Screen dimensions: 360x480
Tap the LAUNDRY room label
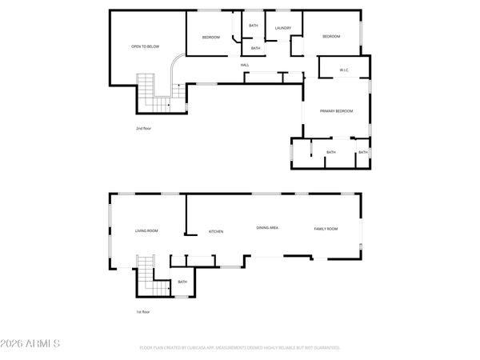coord(282,29)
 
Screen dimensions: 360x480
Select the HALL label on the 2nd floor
coord(245,65)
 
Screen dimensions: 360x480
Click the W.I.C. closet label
coord(344,70)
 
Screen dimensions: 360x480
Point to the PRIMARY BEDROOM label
coord(337,111)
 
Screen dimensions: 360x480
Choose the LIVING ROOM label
coord(146,230)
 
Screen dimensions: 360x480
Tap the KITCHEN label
coord(216,231)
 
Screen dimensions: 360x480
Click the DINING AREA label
coord(267,228)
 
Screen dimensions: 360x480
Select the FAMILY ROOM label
coord(326,229)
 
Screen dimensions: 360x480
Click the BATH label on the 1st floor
coord(182,282)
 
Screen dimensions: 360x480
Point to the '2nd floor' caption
coord(143,128)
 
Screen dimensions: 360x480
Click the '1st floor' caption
coord(142,311)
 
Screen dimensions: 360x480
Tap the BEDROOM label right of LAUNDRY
coord(331,36)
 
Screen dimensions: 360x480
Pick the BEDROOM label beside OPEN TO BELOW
coord(210,38)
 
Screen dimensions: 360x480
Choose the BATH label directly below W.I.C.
coord(330,152)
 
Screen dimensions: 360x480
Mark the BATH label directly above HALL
coord(255,48)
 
